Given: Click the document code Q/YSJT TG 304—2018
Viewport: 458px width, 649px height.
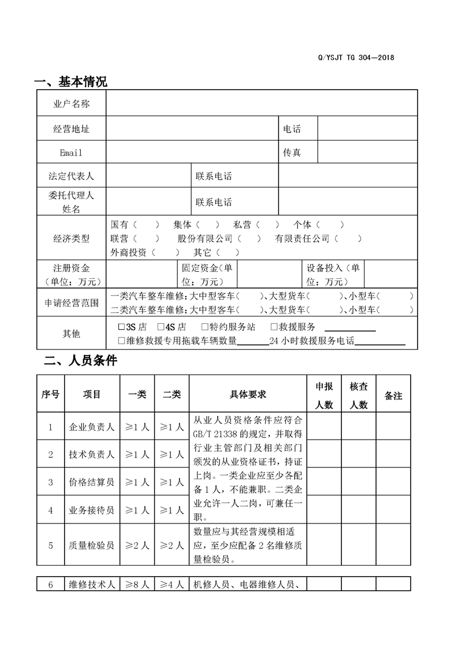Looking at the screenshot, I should click(x=356, y=57).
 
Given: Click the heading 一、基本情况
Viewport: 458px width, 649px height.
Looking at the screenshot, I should click(x=71, y=82).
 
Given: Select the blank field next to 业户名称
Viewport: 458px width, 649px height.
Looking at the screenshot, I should click(x=261, y=104).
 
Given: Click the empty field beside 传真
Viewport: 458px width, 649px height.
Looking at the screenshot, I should click(x=367, y=153).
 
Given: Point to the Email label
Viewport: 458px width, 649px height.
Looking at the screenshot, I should click(x=71, y=153).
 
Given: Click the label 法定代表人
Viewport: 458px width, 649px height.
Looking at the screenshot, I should click(x=71, y=176).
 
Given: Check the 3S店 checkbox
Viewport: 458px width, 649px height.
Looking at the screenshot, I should click(x=121, y=327).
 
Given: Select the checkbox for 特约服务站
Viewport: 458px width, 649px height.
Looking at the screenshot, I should click(x=205, y=327).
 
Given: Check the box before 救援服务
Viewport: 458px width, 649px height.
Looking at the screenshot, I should click(x=274, y=327).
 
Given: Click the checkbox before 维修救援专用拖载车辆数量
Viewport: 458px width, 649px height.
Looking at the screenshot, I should click(x=121, y=341).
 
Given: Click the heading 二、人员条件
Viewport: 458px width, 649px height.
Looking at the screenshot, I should click(x=81, y=362).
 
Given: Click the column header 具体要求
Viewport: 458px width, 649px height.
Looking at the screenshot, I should click(x=248, y=395).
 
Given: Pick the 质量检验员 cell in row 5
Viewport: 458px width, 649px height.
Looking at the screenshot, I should click(x=92, y=545).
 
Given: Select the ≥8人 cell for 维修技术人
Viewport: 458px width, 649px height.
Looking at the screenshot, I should click(x=137, y=584).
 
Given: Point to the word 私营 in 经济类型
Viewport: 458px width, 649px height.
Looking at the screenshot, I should click(x=243, y=224).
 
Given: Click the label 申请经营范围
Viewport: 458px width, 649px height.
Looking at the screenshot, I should click(x=71, y=303).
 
